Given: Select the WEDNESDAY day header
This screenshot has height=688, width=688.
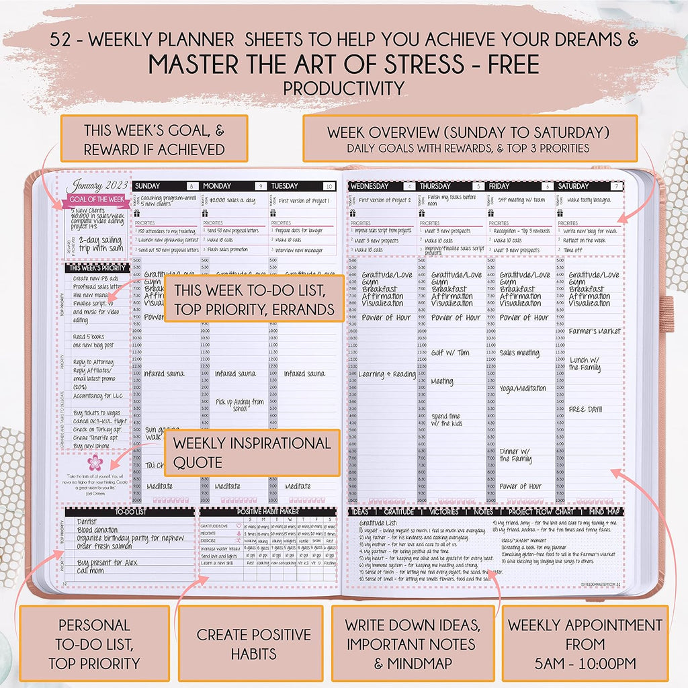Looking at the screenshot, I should coord(370,186).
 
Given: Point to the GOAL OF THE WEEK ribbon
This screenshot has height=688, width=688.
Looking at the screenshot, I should coord(94,200).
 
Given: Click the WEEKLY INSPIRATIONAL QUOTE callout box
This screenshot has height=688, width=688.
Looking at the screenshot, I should coord(252,453).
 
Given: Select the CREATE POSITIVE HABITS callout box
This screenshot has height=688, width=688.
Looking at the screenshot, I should coord(254,643).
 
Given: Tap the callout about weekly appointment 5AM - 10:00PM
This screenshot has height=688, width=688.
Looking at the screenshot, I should coord(585,643).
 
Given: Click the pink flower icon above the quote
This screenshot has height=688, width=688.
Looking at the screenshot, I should coord(93,462).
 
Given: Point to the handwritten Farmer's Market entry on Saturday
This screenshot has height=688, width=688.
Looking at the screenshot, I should coord(594,331).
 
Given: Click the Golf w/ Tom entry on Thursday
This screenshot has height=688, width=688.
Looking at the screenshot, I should coord(449,353).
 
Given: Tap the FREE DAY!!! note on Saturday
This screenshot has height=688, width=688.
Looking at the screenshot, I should coord(585,408).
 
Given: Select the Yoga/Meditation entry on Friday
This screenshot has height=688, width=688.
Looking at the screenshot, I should coord(523,388).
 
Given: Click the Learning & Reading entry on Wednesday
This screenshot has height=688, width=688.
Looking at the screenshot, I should coord(386,374).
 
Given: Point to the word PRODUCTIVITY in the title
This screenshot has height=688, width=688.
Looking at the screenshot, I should coord(343,88).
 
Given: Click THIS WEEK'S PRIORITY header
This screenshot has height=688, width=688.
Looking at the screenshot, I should coord(96,267).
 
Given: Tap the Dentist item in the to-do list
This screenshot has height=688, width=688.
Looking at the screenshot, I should coord(87,522).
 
